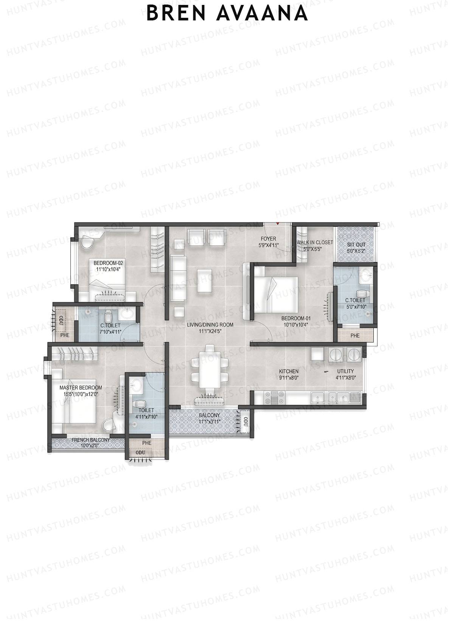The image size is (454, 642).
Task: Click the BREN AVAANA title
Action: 227,14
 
